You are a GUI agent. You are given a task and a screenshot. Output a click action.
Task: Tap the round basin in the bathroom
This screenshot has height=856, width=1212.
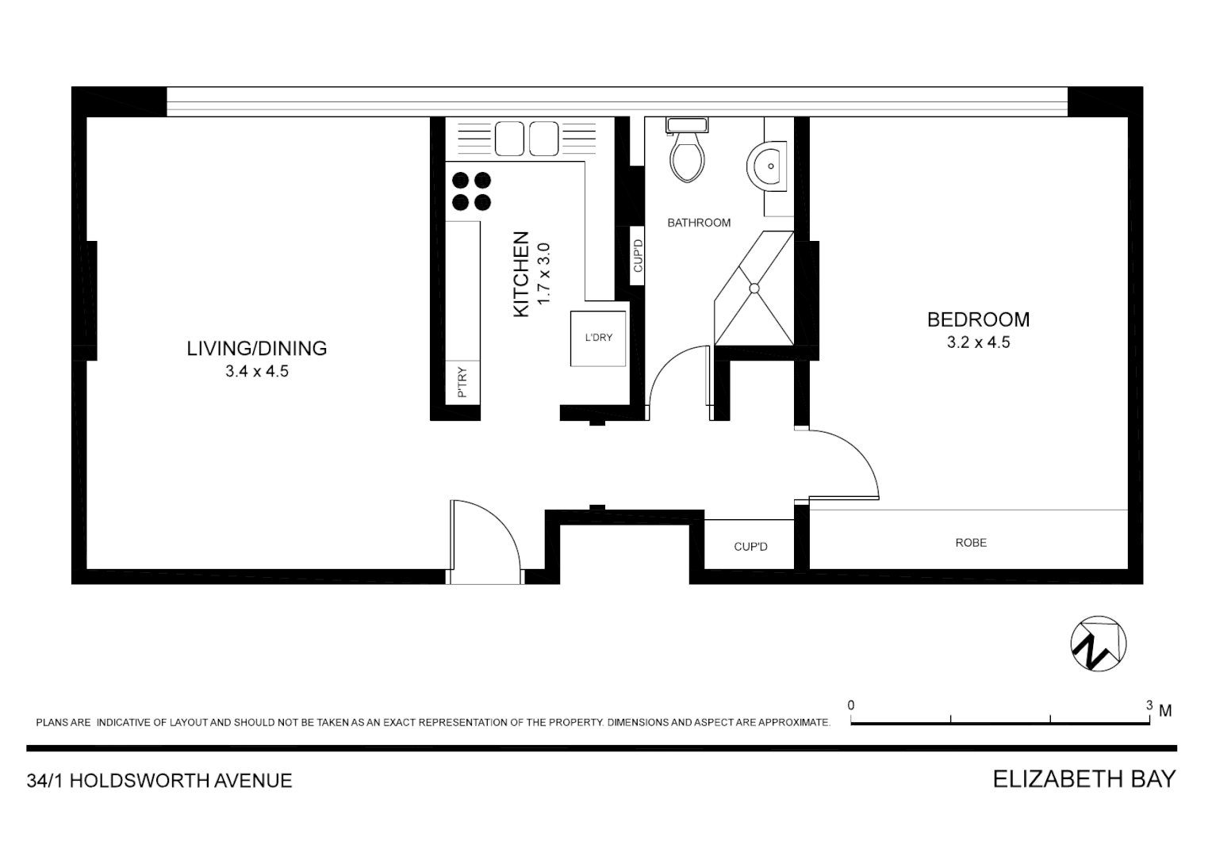click(x=767, y=166)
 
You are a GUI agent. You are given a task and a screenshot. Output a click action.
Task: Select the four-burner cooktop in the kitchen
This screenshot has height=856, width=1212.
click(x=471, y=191)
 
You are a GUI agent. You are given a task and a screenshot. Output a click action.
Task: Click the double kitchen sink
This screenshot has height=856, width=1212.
click(x=527, y=139)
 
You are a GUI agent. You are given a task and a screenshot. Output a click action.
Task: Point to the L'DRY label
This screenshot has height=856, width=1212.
click(x=599, y=338)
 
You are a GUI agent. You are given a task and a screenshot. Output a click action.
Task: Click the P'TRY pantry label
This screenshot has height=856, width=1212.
click(x=462, y=382)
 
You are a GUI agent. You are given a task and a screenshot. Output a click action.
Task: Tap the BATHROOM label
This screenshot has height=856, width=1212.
click(x=699, y=223)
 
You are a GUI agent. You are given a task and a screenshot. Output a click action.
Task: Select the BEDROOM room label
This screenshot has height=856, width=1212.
click(x=978, y=319)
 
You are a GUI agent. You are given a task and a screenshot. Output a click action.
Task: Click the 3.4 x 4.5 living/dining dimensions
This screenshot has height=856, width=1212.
click(x=257, y=371)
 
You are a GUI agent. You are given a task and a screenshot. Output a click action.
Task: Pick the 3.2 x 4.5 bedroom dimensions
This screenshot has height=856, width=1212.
click(x=978, y=342)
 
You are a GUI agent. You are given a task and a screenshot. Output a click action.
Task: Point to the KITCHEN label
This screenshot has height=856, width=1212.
click(x=521, y=274)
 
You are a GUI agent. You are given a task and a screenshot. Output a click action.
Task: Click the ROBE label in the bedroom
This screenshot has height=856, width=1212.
click(x=971, y=543)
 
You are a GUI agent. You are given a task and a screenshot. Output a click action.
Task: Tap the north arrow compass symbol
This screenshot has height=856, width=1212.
click(x=1099, y=643)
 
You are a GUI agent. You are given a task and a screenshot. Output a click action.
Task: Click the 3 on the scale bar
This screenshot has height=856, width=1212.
click(x=1149, y=705)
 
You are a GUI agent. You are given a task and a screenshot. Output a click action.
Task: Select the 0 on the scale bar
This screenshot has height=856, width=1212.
click(x=851, y=705)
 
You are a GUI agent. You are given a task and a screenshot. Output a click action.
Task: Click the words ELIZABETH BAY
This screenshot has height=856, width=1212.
click(x=1084, y=779)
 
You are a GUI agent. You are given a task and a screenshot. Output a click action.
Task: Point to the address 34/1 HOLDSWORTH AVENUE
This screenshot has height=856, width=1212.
click(x=159, y=781)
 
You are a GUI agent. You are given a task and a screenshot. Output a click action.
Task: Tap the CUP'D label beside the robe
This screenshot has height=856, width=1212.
click(x=750, y=547)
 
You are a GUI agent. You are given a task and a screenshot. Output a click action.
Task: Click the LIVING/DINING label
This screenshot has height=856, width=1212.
click(x=257, y=348)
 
